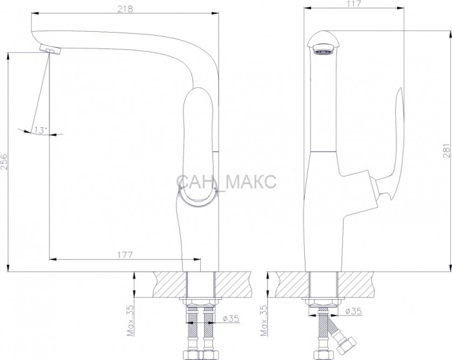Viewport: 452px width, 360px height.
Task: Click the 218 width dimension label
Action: (x=125, y=9)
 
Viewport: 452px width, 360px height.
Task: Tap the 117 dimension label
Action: (x=354, y=4)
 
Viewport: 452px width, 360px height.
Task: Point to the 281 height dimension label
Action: (x=447, y=150)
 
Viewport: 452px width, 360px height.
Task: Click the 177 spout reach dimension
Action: (x=125, y=255)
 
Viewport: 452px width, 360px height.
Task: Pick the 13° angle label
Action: (x=40, y=130)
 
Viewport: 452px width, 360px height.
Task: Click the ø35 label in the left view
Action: (x=231, y=318)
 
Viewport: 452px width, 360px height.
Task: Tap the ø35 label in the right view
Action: (x=353, y=311)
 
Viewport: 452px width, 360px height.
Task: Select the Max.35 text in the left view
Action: (x=130, y=321)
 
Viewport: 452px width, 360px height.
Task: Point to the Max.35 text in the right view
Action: (x=263, y=321)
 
